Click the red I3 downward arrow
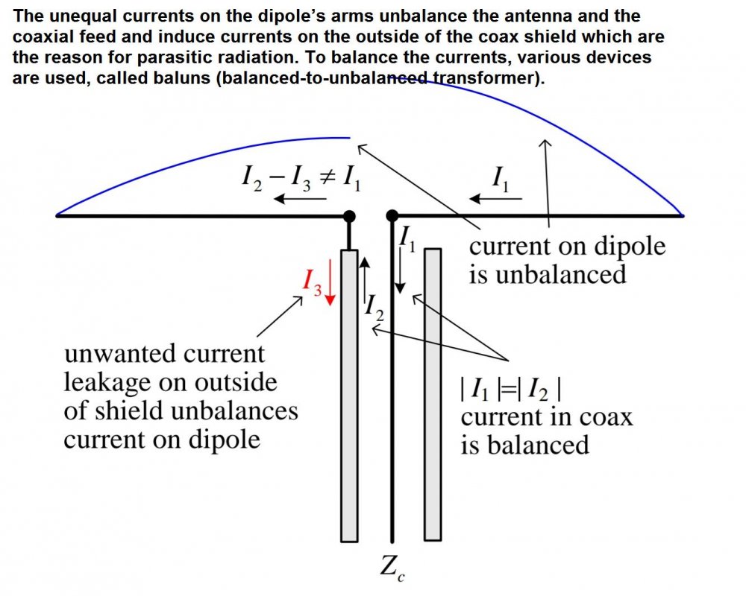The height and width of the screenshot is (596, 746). click(x=330, y=288)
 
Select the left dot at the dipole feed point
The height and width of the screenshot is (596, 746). click(x=349, y=216)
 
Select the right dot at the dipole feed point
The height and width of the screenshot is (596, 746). click(x=392, y=216)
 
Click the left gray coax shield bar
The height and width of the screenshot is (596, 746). click(x=349, y=396)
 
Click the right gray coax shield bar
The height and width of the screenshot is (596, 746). click(x=433, y=395)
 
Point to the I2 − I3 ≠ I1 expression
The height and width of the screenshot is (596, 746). click(x=301, y=178)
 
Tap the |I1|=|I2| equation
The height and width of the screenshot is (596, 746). click(x=511, y=390)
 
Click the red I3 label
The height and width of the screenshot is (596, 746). click(x=312, y=282)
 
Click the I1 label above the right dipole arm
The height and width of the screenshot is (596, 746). click(x=500, y=178)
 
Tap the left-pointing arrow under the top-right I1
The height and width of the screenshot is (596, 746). click(x=496, y=198)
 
